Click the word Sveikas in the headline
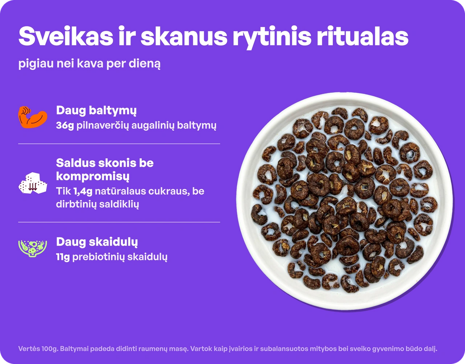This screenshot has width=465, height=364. [x=66, y=36]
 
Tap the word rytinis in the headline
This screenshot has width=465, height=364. [x=272, y=38]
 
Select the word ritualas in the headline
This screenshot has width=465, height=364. [x=362, y=36]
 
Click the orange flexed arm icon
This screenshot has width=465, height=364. [x=33, y=117]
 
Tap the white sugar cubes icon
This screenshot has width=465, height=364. [x=33, y=184]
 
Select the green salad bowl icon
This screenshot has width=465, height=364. [x=33, y=248]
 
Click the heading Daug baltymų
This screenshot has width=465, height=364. [x=96, y=111]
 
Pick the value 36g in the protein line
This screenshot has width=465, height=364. [x=65, y=126]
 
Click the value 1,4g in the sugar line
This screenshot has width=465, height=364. [x=83, y=191]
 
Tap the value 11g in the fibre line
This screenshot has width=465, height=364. [x=63, y=257]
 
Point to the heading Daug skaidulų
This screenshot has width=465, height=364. [x=97, y=242]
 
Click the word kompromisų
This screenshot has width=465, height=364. [x=93, y=177]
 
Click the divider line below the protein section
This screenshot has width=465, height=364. [x=119, y=144]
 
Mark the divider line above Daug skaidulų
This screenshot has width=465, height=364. [x=119, y=222]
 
